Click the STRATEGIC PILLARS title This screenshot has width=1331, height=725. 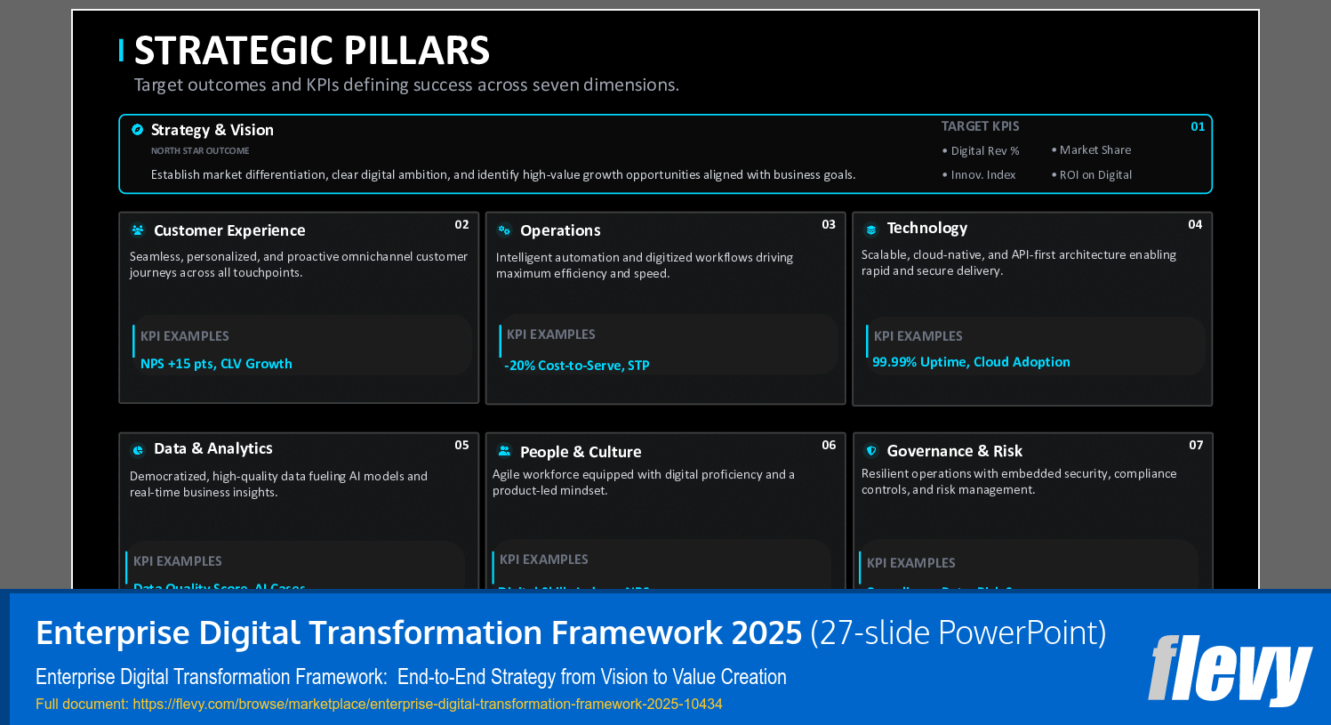[x=311, y=51]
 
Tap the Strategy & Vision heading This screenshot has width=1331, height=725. [x=212, y=130]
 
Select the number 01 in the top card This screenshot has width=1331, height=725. [x=1198, y=126]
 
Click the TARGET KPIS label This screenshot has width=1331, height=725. [x=980, y=126]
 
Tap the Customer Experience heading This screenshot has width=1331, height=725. [x=229, y=230]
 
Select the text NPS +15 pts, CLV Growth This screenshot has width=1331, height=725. [x=216, y=364]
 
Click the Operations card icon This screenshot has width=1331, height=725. [x=504, y=230]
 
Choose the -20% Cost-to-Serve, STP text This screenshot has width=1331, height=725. [x=576, y=366]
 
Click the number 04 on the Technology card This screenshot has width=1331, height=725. [x=1195, y=224]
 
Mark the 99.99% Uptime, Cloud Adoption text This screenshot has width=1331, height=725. [x=971, y=362]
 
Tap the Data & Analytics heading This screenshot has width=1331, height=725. [x=212, y=448]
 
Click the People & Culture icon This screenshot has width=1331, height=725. [x=504, y=451]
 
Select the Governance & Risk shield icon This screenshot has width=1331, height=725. [x=871, y=451]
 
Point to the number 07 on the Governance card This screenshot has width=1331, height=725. [x=1196, y=445]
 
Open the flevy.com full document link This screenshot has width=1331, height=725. [x=427, y=704]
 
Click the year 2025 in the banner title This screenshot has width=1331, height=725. [x=766, y=632]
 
